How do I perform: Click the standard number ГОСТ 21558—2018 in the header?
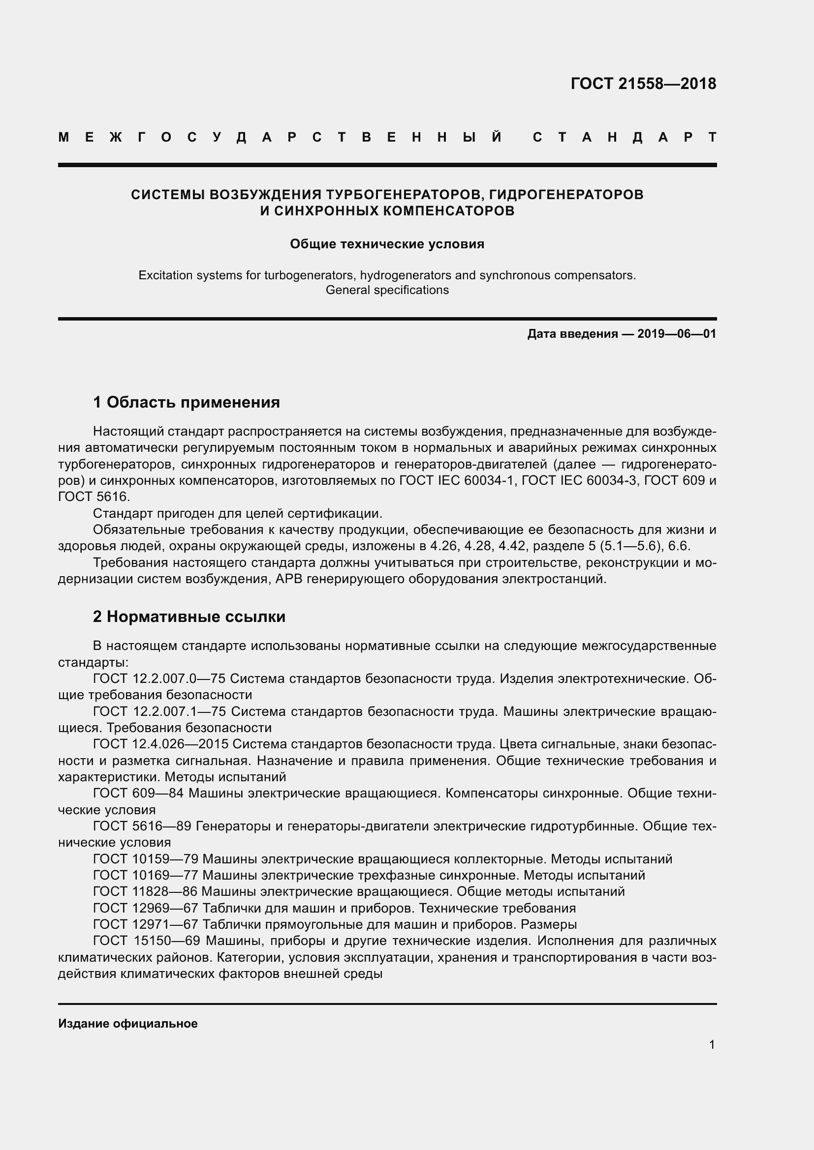point(643,84)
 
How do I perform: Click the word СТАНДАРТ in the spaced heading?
point(624,137)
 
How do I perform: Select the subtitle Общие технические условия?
point(387,244)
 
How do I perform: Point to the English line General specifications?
point(387,290)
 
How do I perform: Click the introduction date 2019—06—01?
point(677,333)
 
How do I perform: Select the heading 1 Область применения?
point(186,402)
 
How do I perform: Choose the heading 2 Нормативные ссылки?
point(189,616)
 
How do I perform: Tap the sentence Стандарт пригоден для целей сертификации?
point(238,513)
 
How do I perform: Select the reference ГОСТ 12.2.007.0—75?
point(159,678)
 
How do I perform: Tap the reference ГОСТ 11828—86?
point(145,891)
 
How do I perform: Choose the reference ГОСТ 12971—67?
point(145,924)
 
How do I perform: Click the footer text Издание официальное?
point(128,1024)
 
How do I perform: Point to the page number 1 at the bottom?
point(712,1044)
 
